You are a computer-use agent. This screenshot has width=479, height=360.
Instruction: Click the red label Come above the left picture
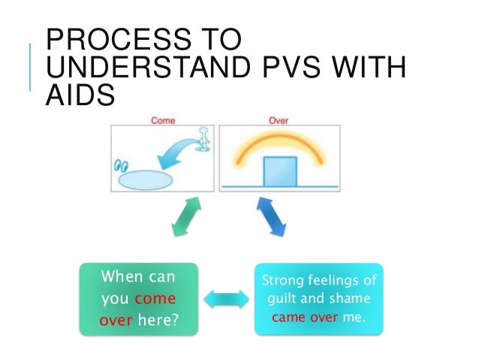point(164,119)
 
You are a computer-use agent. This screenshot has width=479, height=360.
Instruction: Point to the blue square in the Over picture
point(277,171)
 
